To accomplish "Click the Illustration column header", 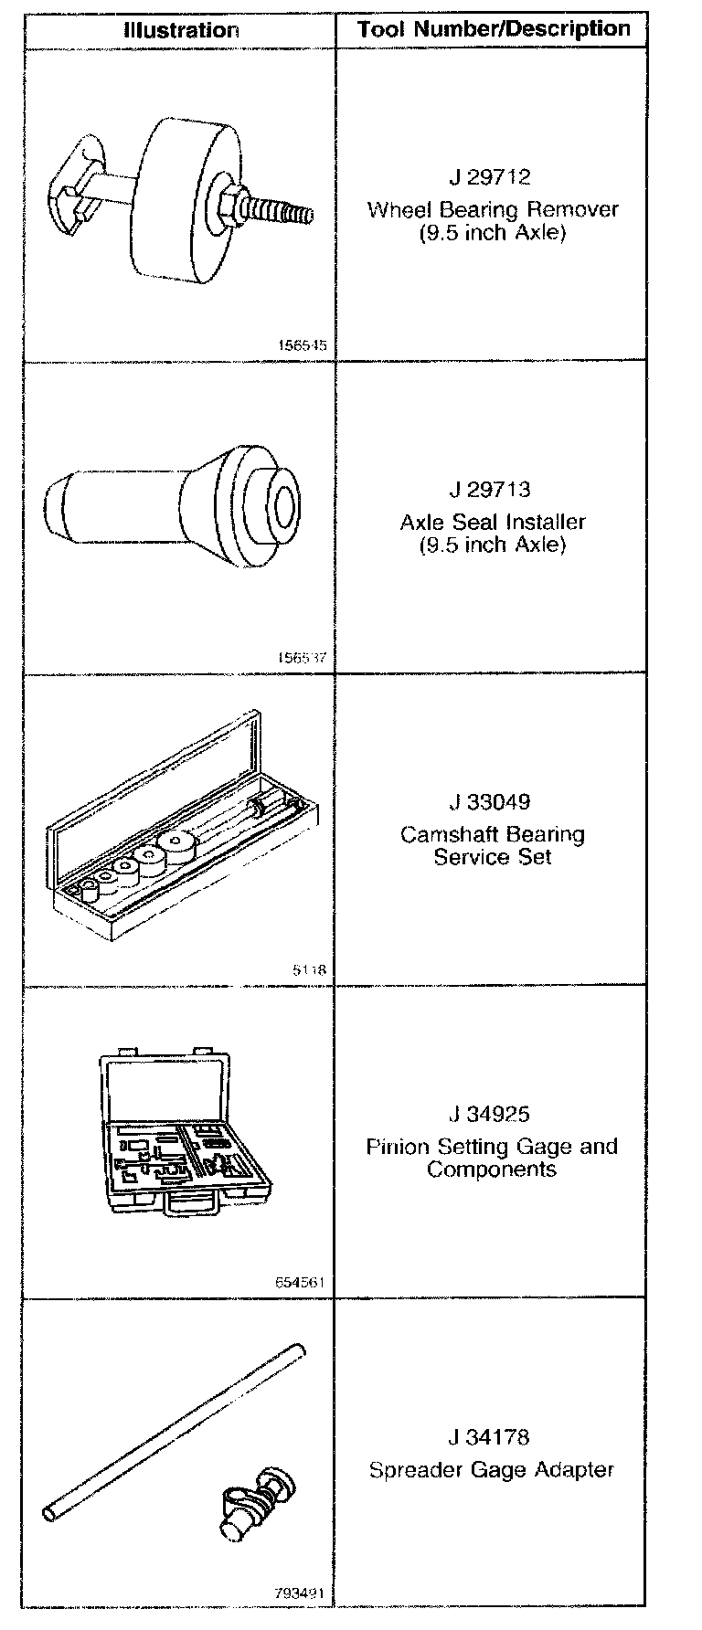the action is [181, 30].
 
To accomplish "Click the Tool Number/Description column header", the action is [494, 29].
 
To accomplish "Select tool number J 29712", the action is [493, 176].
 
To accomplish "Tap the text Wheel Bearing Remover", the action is [493, 209].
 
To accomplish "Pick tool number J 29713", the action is [493, 490].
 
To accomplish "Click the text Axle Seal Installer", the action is [493, 522].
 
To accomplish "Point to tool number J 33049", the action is [493, 802].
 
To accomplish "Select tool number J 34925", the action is [492, 1114].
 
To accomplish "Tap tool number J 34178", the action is [492, 1437].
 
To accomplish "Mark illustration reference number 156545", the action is [301, 346].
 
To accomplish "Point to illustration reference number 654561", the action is [300, 1283].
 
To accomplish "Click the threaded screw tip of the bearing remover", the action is [292, 214].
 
